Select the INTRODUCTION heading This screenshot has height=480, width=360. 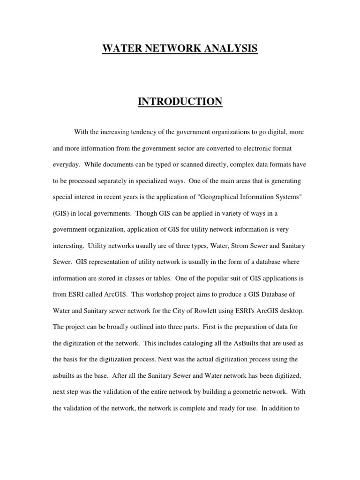coord(180,101)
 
